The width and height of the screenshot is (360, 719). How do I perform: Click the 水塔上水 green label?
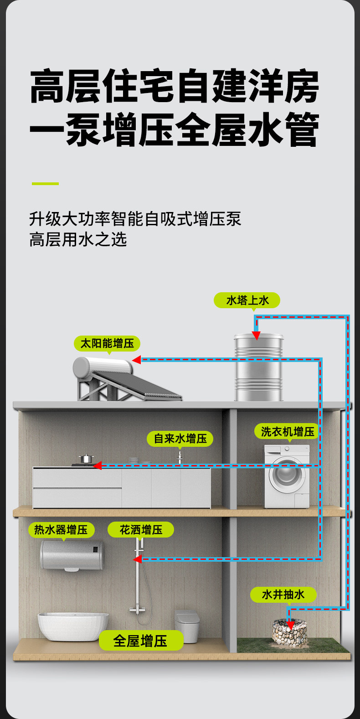(x=247, y=300)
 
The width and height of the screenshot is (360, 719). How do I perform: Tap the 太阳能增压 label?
(x=107, y=343)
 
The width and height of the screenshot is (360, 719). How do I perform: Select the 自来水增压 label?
(x=180, y=439)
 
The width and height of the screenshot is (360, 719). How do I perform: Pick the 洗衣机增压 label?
(x=288, y=431)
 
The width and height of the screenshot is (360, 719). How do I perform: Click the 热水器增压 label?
(x=61, y=530)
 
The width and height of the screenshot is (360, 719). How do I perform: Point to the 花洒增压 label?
(x=141, y=530)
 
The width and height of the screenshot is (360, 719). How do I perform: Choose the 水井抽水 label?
(x=283, y=595)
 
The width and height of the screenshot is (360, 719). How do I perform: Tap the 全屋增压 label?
(x=141, y=641)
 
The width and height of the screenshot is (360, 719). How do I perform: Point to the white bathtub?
(x=73, y=626)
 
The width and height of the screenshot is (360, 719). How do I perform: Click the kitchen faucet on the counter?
(x=180, y=457)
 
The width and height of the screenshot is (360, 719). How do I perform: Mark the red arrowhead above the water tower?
(x=257, y=336)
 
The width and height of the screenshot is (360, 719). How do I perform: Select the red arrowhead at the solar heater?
(x=136, y=360)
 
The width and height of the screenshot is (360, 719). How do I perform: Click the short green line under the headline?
(x=45, y=184)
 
